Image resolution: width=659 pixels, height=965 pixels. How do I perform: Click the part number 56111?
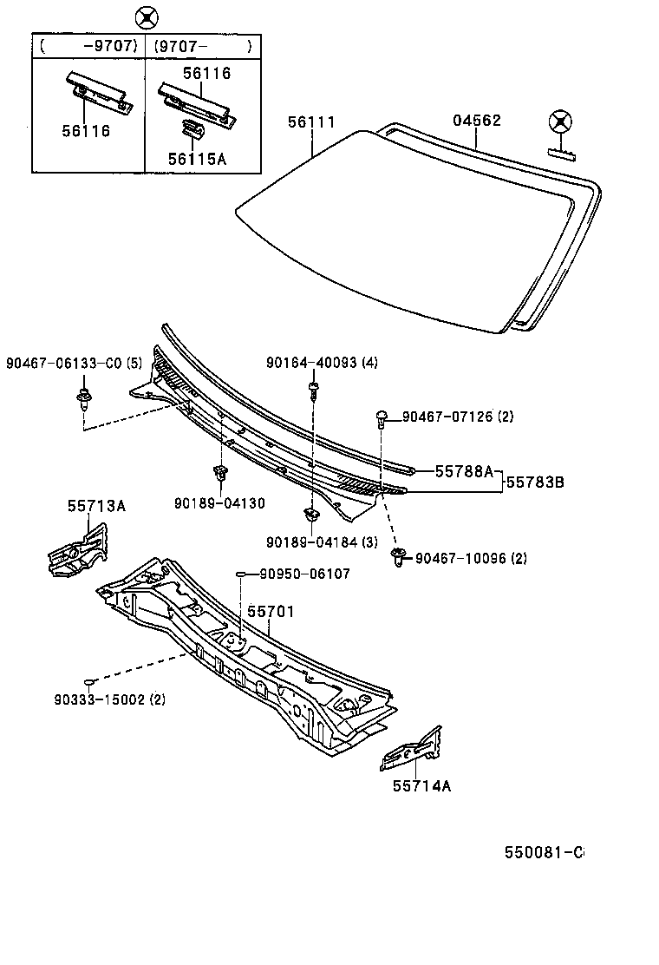(x=311, y=123)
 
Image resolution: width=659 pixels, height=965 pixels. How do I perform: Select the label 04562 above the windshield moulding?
(x=477, y=121)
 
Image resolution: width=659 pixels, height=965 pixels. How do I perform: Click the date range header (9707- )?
(x=203, y=45)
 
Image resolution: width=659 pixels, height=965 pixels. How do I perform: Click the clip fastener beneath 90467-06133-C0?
(x=84, y=400)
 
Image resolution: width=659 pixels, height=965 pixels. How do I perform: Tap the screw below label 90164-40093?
(x=312, y=391)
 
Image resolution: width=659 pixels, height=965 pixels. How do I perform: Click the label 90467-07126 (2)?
(x=458, y=417)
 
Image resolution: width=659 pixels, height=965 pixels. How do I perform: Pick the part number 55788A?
(x=463, y=471)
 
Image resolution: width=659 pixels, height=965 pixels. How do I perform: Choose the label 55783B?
(x=535, y=480)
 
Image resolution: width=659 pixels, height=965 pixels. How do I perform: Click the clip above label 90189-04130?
(x=219, y=474)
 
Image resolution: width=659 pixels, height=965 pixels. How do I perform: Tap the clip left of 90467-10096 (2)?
(x=400, y=556)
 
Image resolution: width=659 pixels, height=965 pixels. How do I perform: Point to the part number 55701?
(x=271, y=612)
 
